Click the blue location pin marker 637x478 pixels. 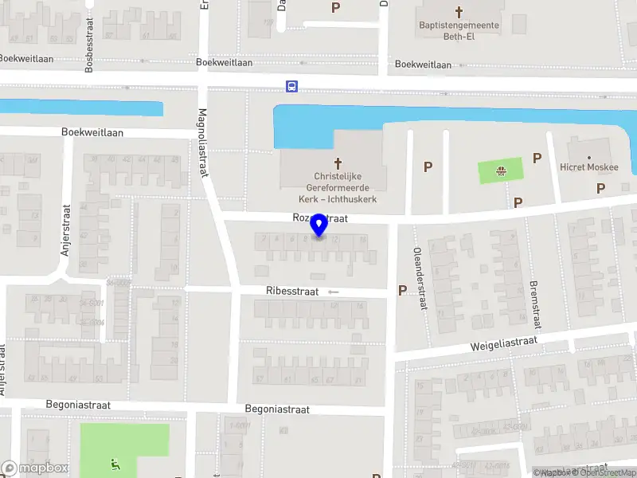(319, 225)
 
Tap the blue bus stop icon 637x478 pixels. (292, 86)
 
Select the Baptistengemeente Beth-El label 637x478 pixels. (459, 30)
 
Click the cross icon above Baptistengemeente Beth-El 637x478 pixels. (459, 12)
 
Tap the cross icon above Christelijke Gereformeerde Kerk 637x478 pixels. (338, 162)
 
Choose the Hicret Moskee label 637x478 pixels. (590, 167)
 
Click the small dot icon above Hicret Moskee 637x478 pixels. (590, 157)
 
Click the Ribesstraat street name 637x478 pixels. (292, 292)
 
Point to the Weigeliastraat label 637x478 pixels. (504, 343)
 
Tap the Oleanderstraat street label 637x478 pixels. (417, 288)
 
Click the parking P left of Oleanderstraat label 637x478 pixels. (402, 291)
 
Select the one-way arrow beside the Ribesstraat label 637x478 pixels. (333, 292)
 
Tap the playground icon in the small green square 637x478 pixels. (502, 170)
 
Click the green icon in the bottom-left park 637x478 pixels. (115, 464)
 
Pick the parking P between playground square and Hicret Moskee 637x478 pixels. (537, 159)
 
